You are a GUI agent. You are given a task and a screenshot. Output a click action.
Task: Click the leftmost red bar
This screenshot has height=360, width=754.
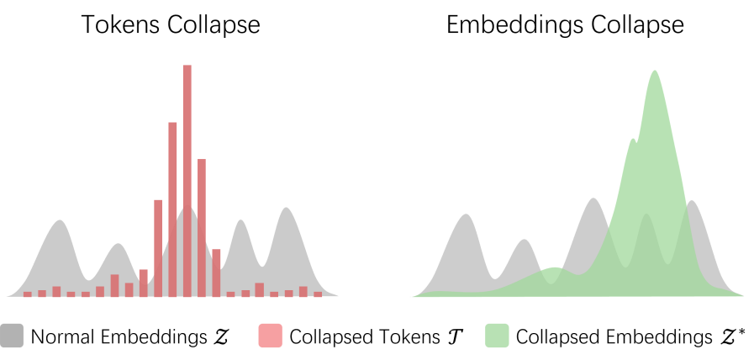pos(27,294)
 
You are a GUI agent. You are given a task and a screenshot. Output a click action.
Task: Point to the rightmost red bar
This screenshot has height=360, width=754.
pos(318,294)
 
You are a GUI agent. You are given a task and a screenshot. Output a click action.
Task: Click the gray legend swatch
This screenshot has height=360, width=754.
pos(12,335)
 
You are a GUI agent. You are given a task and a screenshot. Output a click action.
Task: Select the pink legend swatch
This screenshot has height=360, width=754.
pos(270,335)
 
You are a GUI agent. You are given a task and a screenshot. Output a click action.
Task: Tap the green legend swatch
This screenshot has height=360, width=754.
pos(497,335)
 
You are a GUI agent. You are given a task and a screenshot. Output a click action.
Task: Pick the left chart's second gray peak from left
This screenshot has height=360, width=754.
pos(118,245)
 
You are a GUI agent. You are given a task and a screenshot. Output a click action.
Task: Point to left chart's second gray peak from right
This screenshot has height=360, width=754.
pos(241,221)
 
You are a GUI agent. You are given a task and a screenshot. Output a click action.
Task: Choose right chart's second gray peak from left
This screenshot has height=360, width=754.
pos(524,241)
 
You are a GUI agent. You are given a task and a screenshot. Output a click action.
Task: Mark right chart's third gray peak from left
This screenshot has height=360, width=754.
pos(593,199)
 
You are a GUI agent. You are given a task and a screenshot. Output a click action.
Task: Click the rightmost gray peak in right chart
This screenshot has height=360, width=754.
pos(693,201)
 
